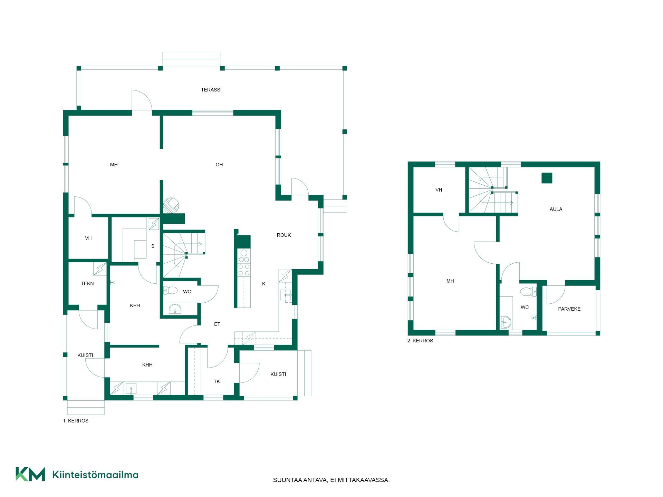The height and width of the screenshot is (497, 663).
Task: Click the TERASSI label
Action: coord(211,90)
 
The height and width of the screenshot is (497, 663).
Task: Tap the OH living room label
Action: coord(219,165)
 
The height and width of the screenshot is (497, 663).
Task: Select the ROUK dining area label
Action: coord(284,235)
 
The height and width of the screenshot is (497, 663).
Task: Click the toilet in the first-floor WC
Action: coord(170,290)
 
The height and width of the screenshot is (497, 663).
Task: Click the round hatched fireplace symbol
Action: coord(171,205)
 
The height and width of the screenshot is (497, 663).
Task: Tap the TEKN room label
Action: coord(87,283)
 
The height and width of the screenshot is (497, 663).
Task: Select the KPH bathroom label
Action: coord(135,305)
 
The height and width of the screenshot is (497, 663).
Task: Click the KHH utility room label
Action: coord(147,365)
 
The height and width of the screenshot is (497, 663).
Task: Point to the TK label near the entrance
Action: coord(217,381)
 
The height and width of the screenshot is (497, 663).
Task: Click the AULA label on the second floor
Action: coord(556,209)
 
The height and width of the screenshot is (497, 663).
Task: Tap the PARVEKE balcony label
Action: coord(569,309)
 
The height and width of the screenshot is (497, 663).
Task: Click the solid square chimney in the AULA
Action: coord(547,178)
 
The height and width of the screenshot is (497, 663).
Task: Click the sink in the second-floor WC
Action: coord(506,322)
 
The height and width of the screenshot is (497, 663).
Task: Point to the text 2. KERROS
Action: coord(420,341)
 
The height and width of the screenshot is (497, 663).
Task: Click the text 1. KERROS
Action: coord(76,421)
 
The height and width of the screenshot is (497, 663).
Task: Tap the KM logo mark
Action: coord(30,474)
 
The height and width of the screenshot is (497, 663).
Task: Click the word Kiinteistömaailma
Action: coord(95,475)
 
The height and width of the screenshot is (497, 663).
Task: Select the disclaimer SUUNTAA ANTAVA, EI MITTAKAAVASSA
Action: coord(331,480)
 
